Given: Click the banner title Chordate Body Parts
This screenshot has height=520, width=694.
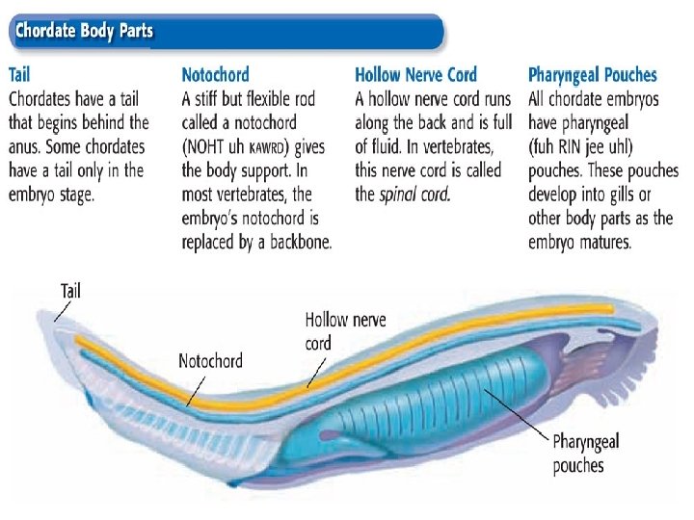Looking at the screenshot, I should tap(83, 31).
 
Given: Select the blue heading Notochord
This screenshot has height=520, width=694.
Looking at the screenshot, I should tap(215, 74).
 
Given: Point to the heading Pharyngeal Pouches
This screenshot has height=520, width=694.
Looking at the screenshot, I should tap(593, 74).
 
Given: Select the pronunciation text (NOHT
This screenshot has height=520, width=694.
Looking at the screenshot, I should tap(210, 146).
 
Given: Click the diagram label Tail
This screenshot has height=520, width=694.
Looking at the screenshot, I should tap(70, 290).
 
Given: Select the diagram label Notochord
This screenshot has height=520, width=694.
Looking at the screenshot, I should tap(211, 361).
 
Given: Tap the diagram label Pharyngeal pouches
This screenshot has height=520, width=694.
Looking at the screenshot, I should tap(585, 454).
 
